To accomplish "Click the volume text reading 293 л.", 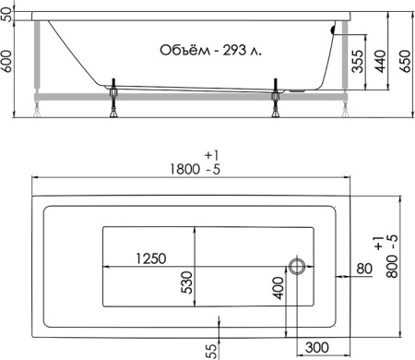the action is tap(243, 50).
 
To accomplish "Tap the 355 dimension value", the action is tap(357, 62).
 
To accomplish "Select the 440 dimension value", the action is tap(381, 62).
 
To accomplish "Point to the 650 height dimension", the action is tap(405, 61).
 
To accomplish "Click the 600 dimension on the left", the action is tap(6, 61).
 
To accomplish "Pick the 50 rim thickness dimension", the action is tap(6, 15).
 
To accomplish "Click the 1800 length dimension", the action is tap(184, 169).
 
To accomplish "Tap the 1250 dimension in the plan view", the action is tap(151, 258).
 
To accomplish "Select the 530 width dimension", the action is tap(186, 282).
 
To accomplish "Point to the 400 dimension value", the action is tap(279, 288).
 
